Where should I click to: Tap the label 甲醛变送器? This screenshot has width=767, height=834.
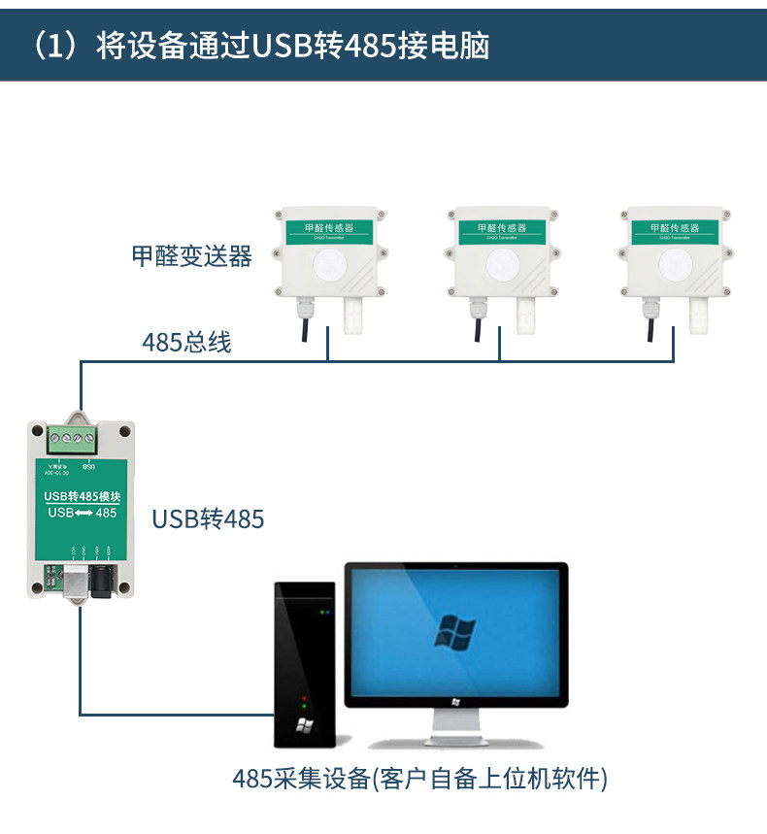pyautogui.click(x=191, y=255)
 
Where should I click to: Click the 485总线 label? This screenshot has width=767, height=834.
pyautogui.click(x=186, y=342)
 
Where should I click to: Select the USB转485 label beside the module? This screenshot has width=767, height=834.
pyautogui.click(x=208, y=519)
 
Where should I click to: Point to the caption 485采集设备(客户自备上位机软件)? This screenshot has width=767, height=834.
pyautogui.click(x=419, y=779)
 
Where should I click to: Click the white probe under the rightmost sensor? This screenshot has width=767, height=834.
pyautogui.click(x=700, y=314)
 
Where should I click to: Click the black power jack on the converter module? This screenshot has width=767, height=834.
pyautogui.click(x=99, y=584)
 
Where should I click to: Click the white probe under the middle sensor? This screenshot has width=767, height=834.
pyautogui.click(x=527, y=314)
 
